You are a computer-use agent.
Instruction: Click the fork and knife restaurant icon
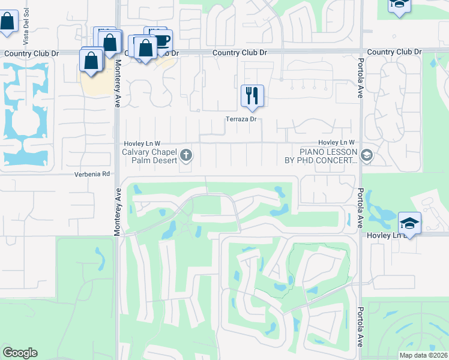click(x=252, y=95)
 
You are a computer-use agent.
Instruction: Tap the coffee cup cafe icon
click(x=162, y=41)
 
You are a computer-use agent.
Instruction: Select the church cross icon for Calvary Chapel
click(x=186, y=156)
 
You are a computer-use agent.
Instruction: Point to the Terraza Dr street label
click(x=241, y=119)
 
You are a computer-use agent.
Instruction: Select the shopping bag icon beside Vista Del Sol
click(x=8, y=22)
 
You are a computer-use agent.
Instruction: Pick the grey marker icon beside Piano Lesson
click(x=367, y=156)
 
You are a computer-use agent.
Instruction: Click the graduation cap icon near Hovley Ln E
click(x=410, y=223)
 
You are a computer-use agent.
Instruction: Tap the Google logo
click(x=20, y=353)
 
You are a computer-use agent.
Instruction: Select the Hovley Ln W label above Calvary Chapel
click(x=142, y=143)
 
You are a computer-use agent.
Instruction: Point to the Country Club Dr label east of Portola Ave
click(x=394, y=52)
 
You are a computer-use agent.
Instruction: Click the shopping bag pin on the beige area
click(x=91, y=60)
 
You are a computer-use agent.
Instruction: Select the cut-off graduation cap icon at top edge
click(x=399, y=5)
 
